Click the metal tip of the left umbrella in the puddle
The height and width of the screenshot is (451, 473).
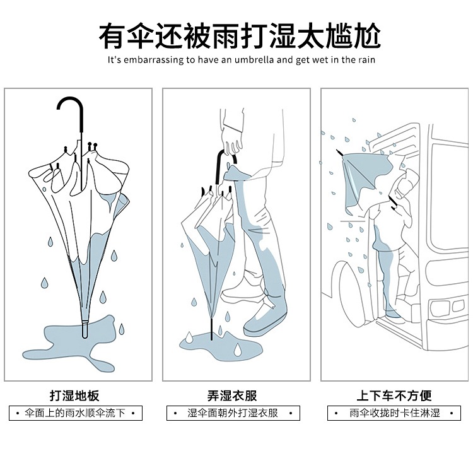click(85, 331)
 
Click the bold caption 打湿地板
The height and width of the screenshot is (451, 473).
click(74, 395)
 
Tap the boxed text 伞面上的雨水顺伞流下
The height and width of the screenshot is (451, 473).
click(75, 413)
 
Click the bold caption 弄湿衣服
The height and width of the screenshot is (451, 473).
click(232, 395)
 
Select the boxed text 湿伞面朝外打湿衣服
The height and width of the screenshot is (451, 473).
click(233, 413)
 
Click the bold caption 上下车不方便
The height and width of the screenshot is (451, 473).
click(394, 395)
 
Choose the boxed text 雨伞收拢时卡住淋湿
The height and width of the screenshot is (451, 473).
click(395, 413)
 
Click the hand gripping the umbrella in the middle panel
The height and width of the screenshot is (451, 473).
click(231, 141)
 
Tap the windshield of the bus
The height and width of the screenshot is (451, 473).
click(450, 196)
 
